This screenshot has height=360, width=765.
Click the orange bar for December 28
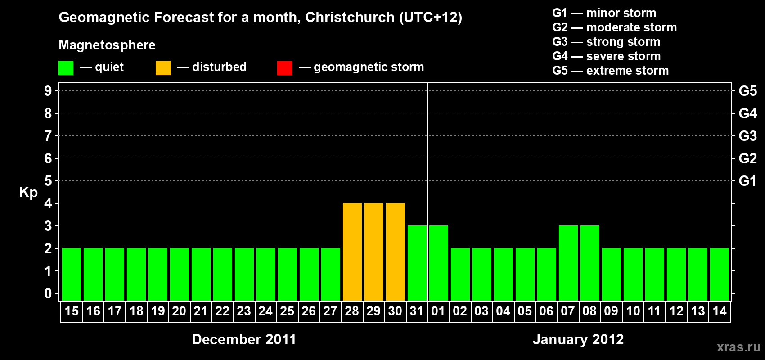click(x=352, y=252)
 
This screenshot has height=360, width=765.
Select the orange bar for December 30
click(x=395, y=252)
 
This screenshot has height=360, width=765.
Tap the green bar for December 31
click(x=417, y=263)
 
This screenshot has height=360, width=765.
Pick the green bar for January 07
click(x=568, y=263)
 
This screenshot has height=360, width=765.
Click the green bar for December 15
click(x=72, y=274)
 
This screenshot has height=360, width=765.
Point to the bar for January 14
click(x=719, y=274)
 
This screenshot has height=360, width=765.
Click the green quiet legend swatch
click(x=66, y=68)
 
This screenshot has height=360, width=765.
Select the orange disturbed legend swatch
click(x=163, y=68)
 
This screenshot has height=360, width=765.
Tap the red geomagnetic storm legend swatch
click(x=284, y=68)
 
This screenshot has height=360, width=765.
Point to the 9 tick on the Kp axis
click(x=48, y=91)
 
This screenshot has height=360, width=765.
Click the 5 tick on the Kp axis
click(x=48, y=181)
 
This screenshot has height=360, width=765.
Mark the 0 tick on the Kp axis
click(x=48, y=293)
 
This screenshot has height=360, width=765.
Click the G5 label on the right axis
click(x=747, y=91)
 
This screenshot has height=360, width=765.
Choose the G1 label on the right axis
click(x=747, y=181)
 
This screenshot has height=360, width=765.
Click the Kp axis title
click(x=28, y=192)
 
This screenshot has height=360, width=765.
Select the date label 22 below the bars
click(x=222, y=311)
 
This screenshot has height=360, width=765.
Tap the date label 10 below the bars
click(x=633, y=311)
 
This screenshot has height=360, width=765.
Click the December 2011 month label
click(x=244, y=339)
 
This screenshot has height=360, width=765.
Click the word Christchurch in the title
click(x=350, y=17)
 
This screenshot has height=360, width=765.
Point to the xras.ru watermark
click(x=738, y=347)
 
